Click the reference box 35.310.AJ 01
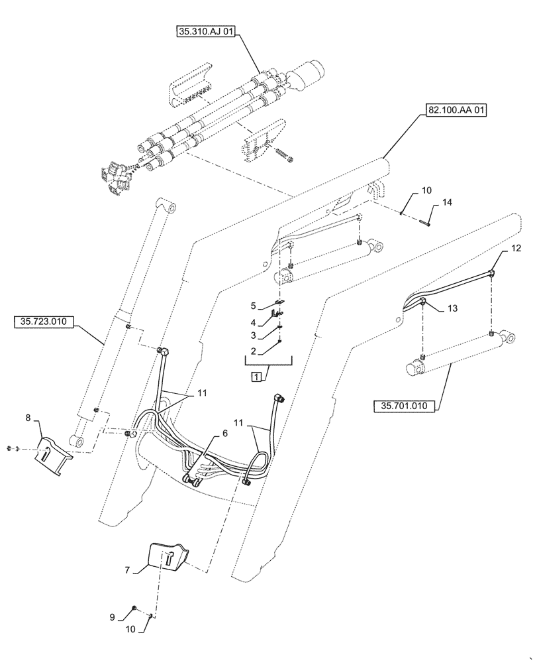pos(206,30)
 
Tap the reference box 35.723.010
pos(44,322)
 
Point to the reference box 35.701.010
pos(405,405)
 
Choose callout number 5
pos(253,306)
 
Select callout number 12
pos(516,249)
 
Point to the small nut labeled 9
pos(134,608)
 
